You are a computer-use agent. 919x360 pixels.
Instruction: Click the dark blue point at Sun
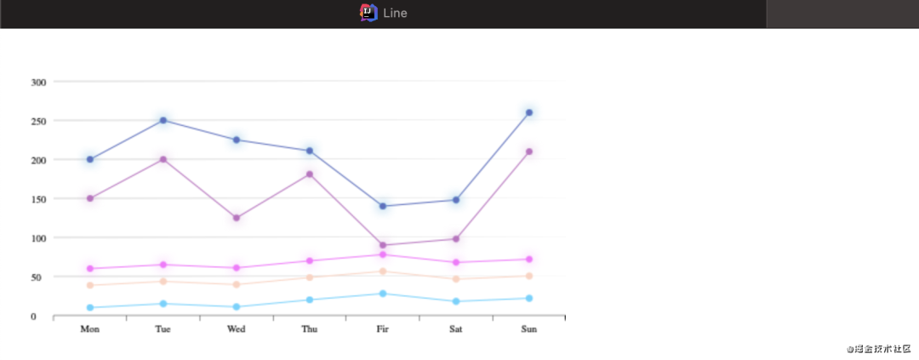528,112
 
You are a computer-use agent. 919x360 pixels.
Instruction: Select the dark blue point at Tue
163,120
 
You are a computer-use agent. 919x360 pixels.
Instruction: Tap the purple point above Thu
310,174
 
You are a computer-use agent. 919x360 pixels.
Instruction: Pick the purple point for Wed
237,218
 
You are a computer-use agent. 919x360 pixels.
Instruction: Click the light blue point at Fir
383,294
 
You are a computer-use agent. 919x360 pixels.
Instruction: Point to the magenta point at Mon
90,269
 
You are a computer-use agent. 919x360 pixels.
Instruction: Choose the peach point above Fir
383,271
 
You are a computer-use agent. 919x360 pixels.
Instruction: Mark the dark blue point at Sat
456,200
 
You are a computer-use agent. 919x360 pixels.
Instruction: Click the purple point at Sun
528,151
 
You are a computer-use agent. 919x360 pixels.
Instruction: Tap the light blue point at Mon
90,307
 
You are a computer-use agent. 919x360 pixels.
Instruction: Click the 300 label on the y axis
38,82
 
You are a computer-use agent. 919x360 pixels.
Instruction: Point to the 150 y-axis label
38,199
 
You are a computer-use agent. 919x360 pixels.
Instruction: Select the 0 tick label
34,317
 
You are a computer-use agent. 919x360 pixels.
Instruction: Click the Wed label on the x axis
237,329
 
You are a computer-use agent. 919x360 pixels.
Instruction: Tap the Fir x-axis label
383,329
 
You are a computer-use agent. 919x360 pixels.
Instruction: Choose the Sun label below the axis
528,329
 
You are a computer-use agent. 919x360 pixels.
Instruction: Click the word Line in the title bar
395,13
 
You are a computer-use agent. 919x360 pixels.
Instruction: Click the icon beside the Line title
368,13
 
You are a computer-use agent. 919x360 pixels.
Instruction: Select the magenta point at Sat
456,262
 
